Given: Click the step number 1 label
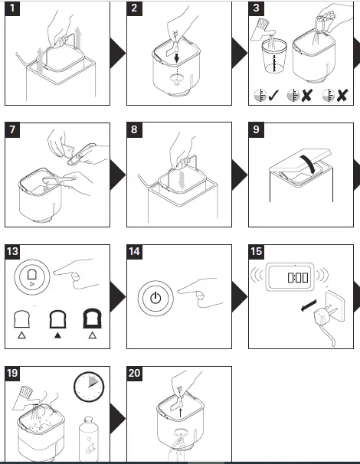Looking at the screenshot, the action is pos(12,8).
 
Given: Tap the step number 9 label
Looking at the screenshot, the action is pos(256,129).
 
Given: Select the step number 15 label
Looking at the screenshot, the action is pos(257,252).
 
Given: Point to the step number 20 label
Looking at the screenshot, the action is pos(134,373).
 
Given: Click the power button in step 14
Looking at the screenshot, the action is pos(155,298).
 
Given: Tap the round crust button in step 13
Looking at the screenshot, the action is pos(32,277).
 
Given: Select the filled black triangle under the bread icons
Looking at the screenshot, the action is pos(57,335).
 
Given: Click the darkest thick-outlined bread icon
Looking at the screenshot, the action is pos(92,319).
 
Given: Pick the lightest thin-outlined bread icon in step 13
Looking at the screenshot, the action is pos(21,319).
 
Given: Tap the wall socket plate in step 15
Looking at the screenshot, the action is pos(335,306).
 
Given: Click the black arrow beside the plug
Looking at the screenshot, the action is pos(309,306).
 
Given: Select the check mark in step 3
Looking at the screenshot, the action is pos(274,95).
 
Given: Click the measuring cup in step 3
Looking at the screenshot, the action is pos(274,57).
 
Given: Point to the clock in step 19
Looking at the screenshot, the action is pos(89,387).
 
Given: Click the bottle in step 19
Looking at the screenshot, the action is pos(89,439).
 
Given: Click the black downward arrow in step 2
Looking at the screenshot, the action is pos(177,57).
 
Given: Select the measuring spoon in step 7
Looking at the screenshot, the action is pos(81,154).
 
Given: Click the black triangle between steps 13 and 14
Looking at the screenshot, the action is pos(117,297).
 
